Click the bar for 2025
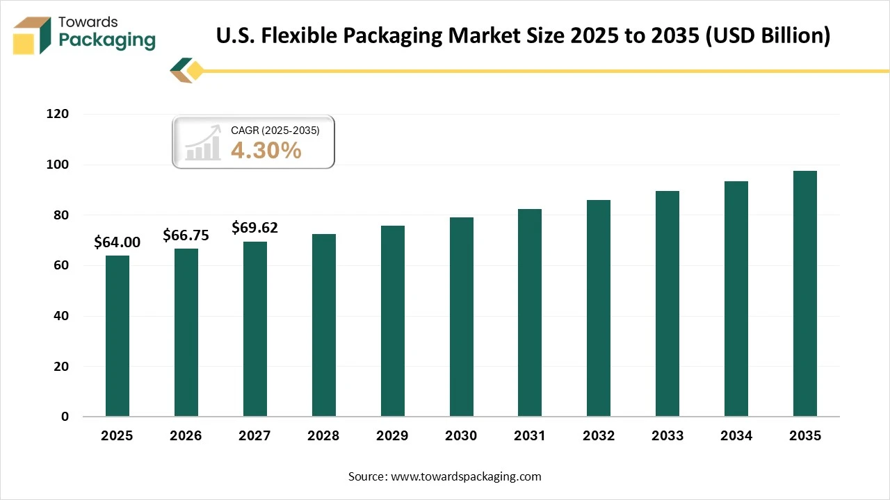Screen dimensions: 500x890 (x=117, y=336)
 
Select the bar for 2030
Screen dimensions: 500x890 (x=461, y=317)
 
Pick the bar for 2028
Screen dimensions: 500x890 (x=323, y=326)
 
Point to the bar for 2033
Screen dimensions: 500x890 (x=667, y=304)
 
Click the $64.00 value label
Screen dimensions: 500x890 (x=117, y=242)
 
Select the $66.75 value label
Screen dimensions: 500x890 (x=186, y=235)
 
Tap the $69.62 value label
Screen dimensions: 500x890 (x=254, y=228)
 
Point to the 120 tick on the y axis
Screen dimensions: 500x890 (x=58, y=115)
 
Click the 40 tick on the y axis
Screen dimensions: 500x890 (x=60, y=316)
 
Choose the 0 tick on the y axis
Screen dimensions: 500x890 (x=65, y=417)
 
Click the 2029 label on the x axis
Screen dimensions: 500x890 (x=392, y=436)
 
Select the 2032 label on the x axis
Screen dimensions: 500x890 (x=599, y=436)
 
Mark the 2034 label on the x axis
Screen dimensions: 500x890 (x=736, y=436)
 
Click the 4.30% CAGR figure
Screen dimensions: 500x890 (x=266, y=149)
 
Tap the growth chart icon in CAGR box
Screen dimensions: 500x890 (x=202, y=144)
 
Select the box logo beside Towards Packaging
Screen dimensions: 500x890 (x=33, y=35)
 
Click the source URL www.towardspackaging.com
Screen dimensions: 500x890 (x=466, y=476)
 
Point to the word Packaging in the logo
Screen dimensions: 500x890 (x=107, y=40)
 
